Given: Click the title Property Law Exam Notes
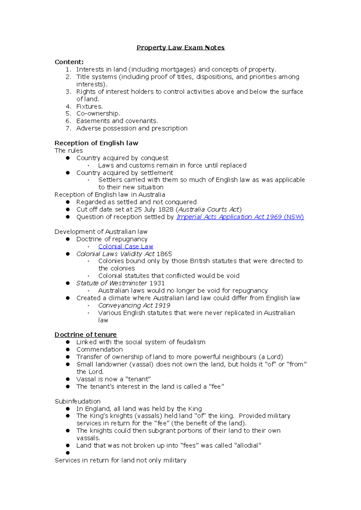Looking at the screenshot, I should click(180, 48).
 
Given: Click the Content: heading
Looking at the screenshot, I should click(69, 62).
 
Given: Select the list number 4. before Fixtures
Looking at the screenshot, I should click(68, 106).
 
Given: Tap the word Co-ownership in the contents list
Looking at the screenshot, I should click(98, 114).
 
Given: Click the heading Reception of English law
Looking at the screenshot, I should click(96, 143).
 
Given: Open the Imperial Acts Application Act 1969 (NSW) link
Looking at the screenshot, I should click(240, 217).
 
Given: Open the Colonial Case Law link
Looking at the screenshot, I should click(125, 247).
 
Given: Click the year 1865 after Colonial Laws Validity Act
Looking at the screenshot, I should click(164, 254).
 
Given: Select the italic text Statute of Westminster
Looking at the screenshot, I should click(111, 283).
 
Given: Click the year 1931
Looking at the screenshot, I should click(157, 283).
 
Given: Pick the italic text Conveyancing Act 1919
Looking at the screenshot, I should click(134, 305).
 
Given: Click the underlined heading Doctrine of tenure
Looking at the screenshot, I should click(85, 335).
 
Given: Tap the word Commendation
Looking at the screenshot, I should click(99, 350).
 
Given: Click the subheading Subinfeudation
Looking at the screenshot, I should click(77, 401).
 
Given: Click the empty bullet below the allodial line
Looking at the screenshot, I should click(68, 453).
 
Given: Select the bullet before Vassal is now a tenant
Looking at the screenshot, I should click(68, 379).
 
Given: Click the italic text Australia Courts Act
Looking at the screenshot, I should click(209, 209).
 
